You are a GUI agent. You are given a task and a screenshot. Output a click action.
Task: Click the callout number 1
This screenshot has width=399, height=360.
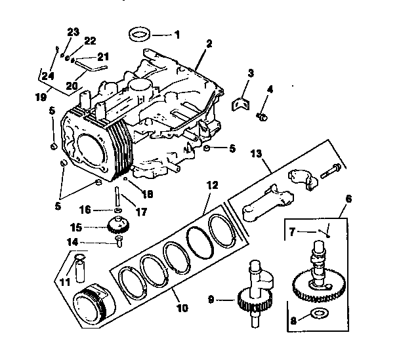click(x=176, y=33)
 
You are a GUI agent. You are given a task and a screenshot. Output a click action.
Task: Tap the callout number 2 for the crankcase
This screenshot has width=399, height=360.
click(x=209, y=44)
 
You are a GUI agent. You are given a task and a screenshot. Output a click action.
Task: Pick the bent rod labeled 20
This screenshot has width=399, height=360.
click(x=91, y=65)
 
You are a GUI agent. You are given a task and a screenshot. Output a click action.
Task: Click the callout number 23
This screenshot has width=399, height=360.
click(x=73, y=31)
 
